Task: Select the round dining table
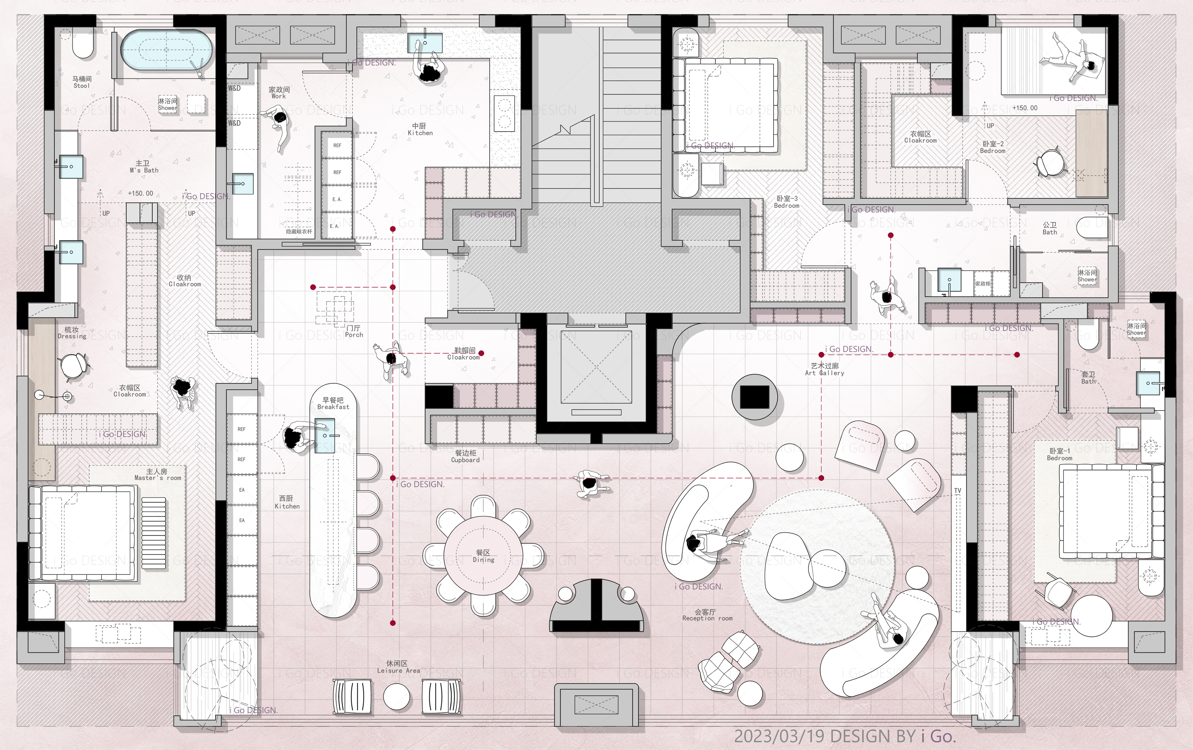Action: [483, 556]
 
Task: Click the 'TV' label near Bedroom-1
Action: [958, 490]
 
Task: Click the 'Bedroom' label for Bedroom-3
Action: [787, 206]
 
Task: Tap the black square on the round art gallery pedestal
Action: [754, 397]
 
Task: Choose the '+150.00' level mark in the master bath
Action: [141, 193]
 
